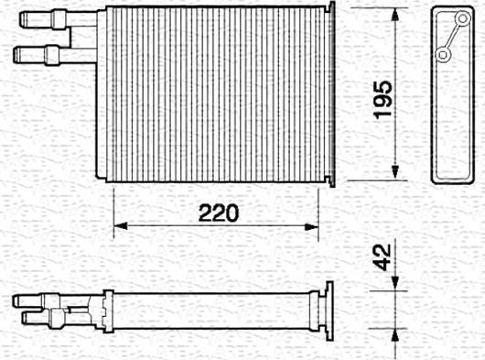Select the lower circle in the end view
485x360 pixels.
(443, 55)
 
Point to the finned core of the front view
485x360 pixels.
(215, 92)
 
